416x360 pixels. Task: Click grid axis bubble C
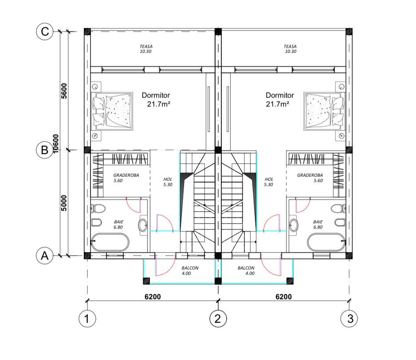44,32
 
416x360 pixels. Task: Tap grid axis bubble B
44,150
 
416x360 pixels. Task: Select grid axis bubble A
44,256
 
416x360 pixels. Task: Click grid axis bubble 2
218,318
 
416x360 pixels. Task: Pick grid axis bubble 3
349,318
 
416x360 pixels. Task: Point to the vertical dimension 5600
64,91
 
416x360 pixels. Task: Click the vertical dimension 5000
64,203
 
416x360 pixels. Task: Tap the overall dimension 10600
55,144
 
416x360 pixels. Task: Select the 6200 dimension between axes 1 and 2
153,297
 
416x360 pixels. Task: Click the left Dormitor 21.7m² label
156,99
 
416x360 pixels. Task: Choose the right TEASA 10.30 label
290,49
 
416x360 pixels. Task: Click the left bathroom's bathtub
110,242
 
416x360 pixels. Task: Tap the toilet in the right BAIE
338,208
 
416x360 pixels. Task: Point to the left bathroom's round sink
143,225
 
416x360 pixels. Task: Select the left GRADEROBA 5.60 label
126,178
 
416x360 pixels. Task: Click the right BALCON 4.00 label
246,270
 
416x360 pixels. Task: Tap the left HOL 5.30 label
168,182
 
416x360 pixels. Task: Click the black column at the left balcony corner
146,281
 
